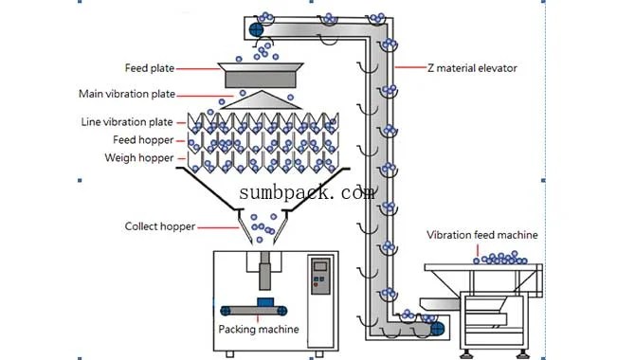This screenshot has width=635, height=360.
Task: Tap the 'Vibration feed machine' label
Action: click(482, 234)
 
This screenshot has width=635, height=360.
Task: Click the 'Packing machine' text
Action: click(259, 329)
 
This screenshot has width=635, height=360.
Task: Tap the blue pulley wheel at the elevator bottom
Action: click(437, 327)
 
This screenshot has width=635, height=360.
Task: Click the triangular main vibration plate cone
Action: click(260, 99)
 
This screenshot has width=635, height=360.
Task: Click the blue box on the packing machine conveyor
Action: click(267, 301)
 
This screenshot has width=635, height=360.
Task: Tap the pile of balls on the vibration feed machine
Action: click(500, 258)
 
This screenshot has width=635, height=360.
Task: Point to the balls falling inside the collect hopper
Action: click(260, 227)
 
